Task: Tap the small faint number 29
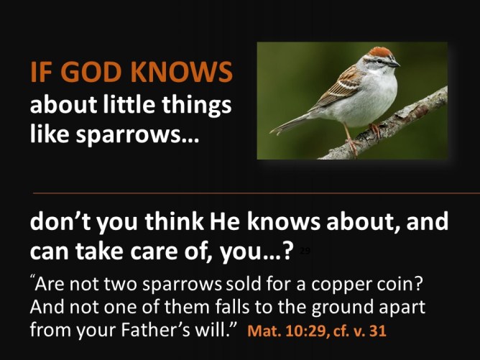pyautogui.click(x=305, y=251)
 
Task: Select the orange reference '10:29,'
pyautogui.click(x=310, y=333)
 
